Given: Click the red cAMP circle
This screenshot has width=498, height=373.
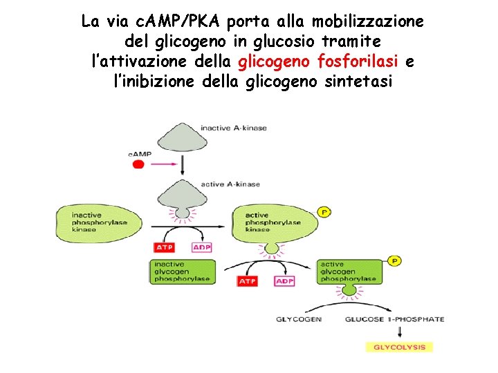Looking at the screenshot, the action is (x=138, y=164).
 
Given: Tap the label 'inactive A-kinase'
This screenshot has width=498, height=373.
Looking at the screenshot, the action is (x=234, y=128).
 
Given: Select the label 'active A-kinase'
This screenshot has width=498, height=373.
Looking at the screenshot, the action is (x=231, y=184).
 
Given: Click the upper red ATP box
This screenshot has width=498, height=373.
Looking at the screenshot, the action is (x=165, y=247).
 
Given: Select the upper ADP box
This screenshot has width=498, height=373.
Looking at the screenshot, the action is (x=201, y=247).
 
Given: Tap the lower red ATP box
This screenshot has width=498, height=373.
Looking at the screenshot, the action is (x=248, y=281).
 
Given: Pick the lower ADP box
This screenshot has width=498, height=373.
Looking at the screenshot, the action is (x=284, y=281).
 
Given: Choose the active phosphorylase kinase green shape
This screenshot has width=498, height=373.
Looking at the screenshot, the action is (x=277, y=222).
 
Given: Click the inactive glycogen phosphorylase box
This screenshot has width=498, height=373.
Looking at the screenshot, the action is (x=183, y=271).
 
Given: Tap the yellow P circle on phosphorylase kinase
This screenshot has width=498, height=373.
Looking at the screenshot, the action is (x=323, y=211).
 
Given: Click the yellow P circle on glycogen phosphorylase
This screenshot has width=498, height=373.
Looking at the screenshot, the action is (x=394, y=261).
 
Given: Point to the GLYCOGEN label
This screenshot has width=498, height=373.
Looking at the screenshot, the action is (x=299, y=319).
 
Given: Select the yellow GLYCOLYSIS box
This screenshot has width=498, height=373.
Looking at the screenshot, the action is (x=399, y=347).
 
